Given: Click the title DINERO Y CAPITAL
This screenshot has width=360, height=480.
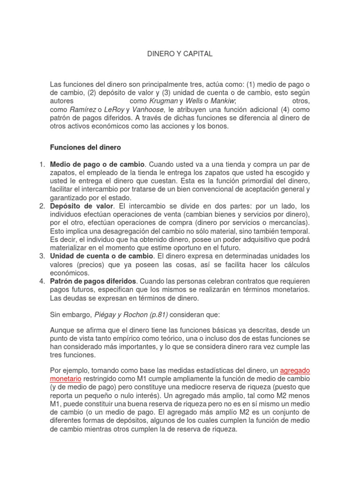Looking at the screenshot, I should pyautogui.click(x=180, y=54).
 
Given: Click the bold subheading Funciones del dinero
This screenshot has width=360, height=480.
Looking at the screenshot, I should pyautogui.click(x=85, y=147).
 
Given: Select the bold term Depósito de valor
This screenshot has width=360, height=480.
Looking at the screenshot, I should pyautogui.click(x=81, y=206).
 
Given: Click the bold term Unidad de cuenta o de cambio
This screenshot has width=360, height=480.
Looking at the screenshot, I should pyautogui.click(x=101, y=256).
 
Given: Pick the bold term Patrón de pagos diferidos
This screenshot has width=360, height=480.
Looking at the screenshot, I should pyautogui.click(x=93, y=281).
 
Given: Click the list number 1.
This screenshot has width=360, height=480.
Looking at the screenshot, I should pyautogui.click(x=41, y=164).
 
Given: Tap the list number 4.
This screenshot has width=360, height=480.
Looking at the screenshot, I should pyautogui.click(x=41, y=281).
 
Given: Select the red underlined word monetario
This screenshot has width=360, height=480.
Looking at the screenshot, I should pyautogui.click(x=66, y=378).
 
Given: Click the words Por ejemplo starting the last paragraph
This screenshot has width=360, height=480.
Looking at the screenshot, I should pyautogui.click(x=69, y=370).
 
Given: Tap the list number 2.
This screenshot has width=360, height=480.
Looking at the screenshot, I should pyautogui.click(x=41, y=206).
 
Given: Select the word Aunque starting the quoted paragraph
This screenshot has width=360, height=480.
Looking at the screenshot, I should pyautogui.click(x=62, y=330).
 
